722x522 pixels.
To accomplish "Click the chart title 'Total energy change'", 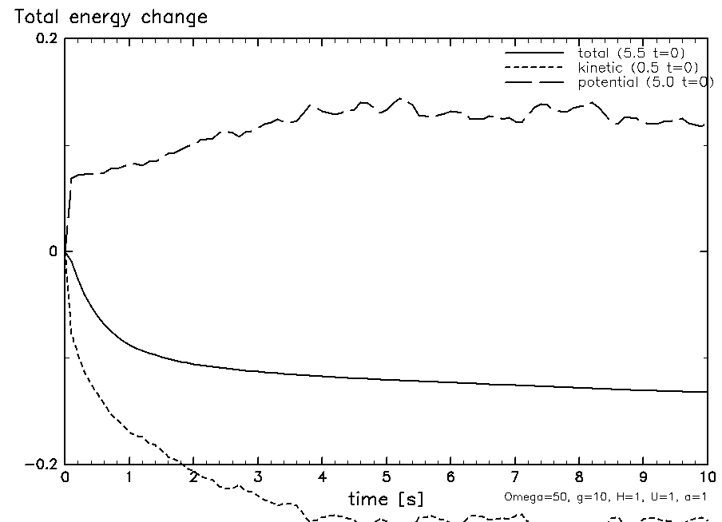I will (106, 17).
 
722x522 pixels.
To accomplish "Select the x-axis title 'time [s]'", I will (387, 499).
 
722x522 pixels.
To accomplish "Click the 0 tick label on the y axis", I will (54, 251).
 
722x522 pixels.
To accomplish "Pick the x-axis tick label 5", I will (387, 478).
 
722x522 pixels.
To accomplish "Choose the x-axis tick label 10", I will (706, 478).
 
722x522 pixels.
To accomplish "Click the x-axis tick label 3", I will (258, 478).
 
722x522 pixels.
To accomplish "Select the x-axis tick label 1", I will (129, 478).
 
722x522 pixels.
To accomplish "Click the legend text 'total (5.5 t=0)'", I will (630, 53).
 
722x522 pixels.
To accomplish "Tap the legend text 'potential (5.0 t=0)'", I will (645, 82).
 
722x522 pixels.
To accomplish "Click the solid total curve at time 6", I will (450, 382).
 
